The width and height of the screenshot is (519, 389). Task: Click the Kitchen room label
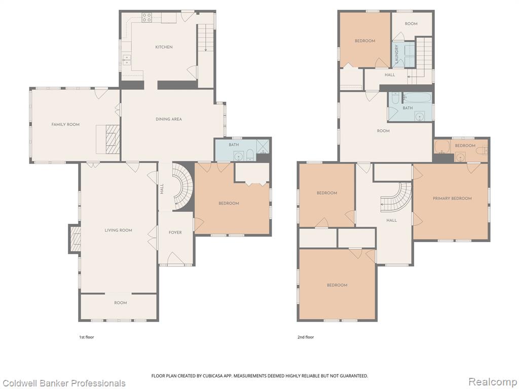(164, 47)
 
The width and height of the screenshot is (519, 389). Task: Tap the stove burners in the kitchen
(146, 18)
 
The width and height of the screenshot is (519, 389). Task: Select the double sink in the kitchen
(126, 60)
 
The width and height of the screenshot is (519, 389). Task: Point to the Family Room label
(65, 125)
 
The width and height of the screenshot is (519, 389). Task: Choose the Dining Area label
(169, 119)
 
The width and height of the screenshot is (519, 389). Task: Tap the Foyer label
(175, 232)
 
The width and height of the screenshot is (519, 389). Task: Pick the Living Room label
(119, 230)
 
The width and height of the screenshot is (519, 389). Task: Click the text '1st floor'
(86, 337)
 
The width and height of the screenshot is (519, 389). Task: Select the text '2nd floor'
(306, 337)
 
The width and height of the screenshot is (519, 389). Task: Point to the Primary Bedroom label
(452, 199)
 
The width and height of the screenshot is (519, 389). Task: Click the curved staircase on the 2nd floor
(397, 198)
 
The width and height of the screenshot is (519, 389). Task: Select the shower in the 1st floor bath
(263, 146)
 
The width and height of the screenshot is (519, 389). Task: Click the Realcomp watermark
(493, 382)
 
